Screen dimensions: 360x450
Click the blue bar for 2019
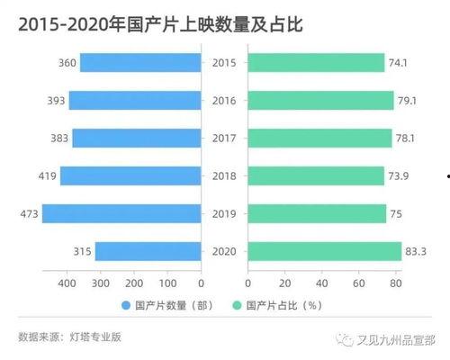point(121,213)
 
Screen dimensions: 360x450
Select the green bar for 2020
point(325,251)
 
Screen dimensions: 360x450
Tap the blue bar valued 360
point(140,62)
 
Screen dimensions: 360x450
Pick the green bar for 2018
point(316,175)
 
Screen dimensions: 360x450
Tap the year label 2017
point(224,138)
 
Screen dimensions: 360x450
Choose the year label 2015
point(224,62)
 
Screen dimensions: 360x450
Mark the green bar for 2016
point(321,100)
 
